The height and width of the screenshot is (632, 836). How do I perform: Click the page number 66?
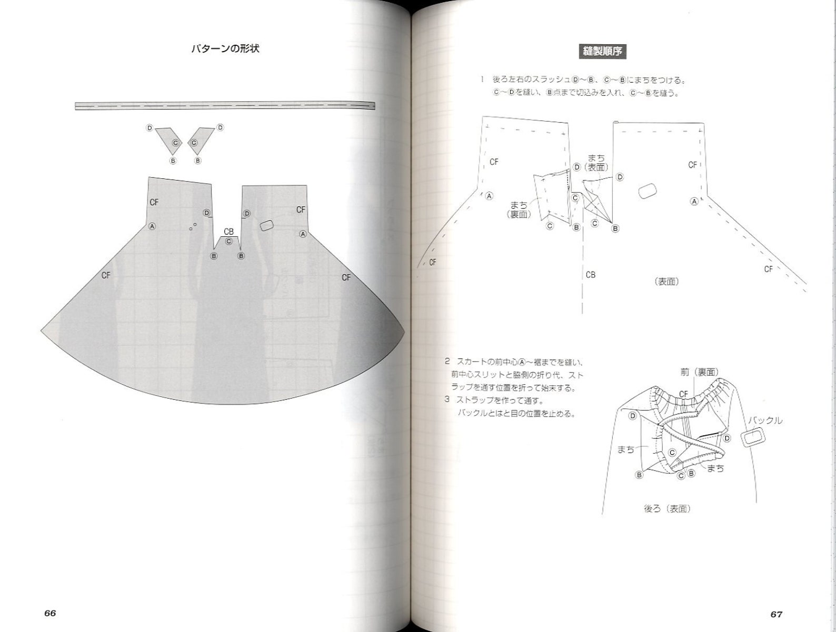[x=50, y=613]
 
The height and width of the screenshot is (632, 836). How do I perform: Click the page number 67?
[x=776, y=614]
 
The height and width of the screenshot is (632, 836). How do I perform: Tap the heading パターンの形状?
[x=225, y=49]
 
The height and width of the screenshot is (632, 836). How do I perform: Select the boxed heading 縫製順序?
[x=602, y=52]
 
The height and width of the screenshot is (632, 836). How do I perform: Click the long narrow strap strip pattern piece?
[x=225, y=106]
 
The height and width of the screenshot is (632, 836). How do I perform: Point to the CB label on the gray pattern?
[x=228, y=232]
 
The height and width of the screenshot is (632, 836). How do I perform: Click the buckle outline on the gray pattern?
[x=267, y=225]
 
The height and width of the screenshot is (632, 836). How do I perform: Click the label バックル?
[x=765, y=420]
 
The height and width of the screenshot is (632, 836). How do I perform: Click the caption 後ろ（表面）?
[x=667, y=509]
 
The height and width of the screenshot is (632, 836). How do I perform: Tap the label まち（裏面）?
[x=519, y=209]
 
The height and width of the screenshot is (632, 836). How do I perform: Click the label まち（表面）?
[x=596, y=163]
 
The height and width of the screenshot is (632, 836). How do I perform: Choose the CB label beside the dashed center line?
[x=590, y=275]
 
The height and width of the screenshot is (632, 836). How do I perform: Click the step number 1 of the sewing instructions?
[x=481, y=80]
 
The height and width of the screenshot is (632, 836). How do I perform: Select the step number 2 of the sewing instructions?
[x=447, y=362]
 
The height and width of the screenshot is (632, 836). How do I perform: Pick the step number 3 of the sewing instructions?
[x=447, y=400]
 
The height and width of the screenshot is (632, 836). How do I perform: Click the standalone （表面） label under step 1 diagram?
[x=666, y=282]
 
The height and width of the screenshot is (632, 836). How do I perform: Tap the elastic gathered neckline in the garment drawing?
[x=676, y=395]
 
